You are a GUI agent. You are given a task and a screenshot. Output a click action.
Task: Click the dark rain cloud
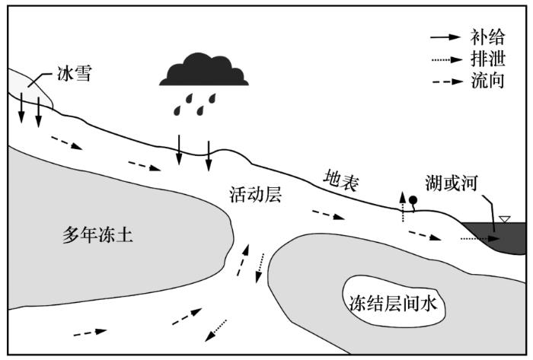[204, 70]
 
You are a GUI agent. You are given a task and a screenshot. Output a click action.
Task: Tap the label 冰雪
[75, 74]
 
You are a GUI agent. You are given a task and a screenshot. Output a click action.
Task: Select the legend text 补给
[487, 37]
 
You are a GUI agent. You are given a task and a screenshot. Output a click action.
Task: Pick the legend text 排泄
[487, 59]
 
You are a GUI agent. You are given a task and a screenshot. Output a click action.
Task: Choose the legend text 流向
[487, 81]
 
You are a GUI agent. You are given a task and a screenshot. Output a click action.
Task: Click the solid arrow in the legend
[445, 37]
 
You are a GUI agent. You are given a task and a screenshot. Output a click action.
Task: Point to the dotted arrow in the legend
[447, 60]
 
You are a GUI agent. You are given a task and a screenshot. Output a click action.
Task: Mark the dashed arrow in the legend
[448, 82]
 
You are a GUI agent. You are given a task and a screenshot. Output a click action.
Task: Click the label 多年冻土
[97, 235]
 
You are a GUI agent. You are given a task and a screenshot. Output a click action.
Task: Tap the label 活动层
[256, 195]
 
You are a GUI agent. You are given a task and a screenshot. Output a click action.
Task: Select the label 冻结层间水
[394, 303]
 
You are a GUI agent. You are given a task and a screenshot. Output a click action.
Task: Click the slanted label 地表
[341, 181]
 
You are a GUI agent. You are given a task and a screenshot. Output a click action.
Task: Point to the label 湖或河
[452, 183]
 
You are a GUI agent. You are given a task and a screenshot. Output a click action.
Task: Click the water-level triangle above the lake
[504, 219]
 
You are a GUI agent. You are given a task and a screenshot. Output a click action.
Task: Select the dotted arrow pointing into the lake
[480, 239]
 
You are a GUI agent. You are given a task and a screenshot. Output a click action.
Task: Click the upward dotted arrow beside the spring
[403, 206]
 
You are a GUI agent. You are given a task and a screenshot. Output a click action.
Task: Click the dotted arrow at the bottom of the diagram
[215, 330]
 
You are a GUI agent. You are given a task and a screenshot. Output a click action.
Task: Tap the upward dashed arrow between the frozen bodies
[243, 260]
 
